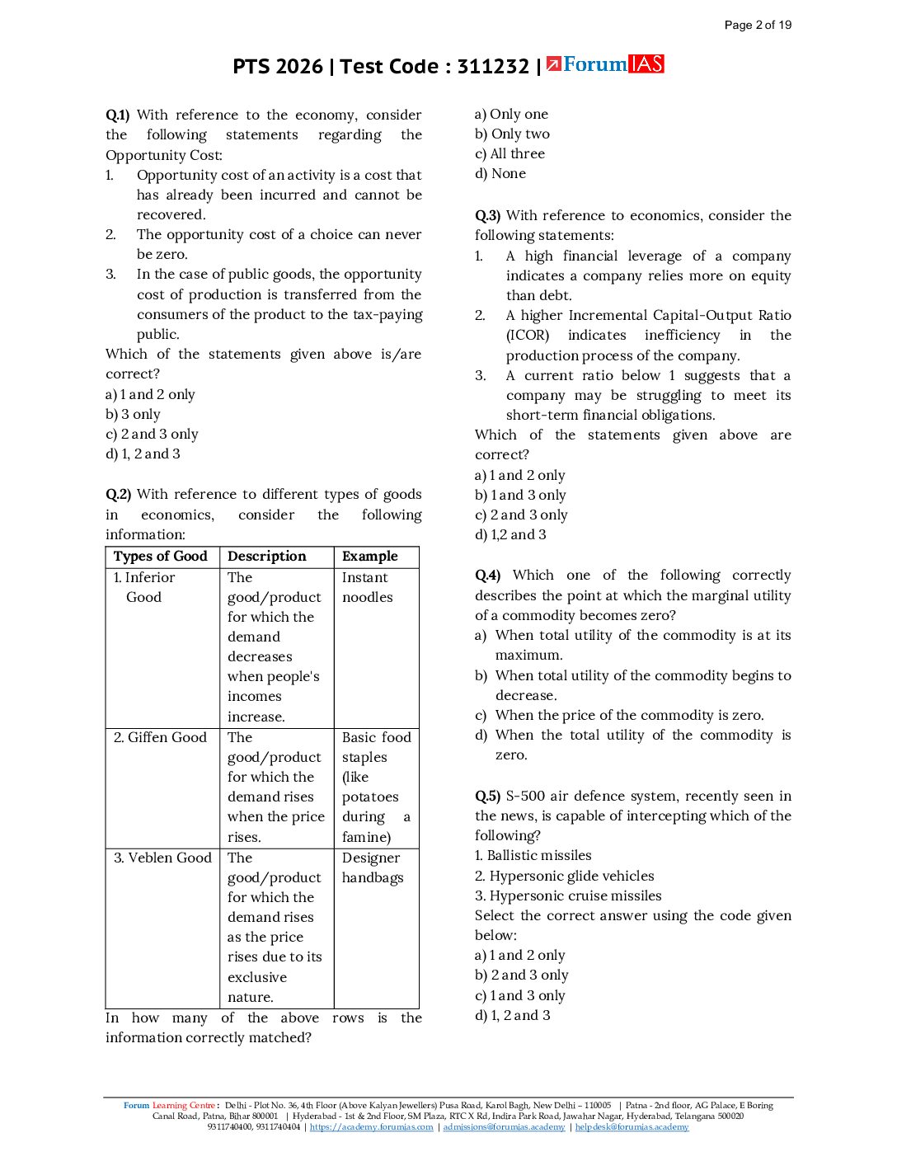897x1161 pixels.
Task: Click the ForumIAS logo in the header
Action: pos(605,64)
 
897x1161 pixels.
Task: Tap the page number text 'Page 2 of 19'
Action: pos(758,25)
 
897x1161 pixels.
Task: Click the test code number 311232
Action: pos(493,67)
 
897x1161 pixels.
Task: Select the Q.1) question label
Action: pos(118,115)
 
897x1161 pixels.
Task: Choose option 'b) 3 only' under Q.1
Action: pos(133,414)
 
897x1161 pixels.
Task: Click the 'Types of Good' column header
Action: pos(161,557)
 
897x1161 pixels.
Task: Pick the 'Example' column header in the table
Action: pos(370,557)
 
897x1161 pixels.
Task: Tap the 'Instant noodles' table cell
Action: pos(368,587)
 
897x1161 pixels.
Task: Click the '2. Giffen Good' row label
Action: pos(160,737)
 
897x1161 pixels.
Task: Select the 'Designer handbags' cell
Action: pos(373,867)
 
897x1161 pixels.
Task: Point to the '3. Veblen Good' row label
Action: pos(162,858)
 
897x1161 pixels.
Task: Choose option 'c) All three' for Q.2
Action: pos(510,154)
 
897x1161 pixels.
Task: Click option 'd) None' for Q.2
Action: pos(500,174)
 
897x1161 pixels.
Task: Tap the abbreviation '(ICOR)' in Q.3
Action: pos(528,336)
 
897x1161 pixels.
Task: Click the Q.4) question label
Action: pos(487,576)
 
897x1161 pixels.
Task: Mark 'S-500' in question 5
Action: pos(525,797)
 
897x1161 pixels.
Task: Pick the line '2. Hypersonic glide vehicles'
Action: pos(565,877)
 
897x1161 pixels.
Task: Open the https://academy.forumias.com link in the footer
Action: pos(371,1127)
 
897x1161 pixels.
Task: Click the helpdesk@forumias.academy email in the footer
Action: pos(632,1127)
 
